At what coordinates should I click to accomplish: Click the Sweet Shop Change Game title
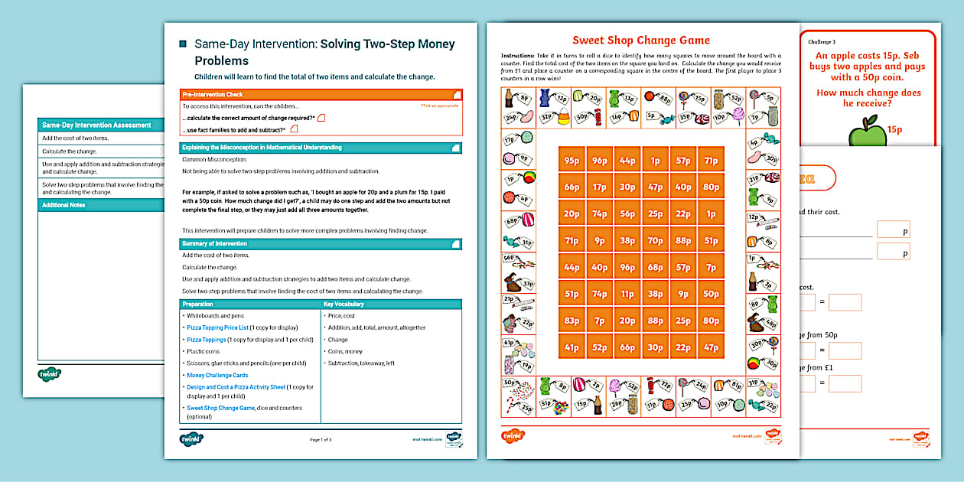tap(641, 41)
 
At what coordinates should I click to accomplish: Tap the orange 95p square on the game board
tap(572, 161)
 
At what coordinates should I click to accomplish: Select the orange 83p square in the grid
tap(572, 321)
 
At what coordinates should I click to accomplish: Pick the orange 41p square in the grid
tap(572, 347)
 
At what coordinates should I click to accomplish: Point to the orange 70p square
tap(655, 240)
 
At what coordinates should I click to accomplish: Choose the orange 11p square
tap(627, 294)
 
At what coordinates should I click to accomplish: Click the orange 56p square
tap(627, 214)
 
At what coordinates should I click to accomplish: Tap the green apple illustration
tap(868, 130)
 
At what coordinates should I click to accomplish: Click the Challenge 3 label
tap(822, 42)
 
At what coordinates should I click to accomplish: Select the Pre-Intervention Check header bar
tap(321, 94)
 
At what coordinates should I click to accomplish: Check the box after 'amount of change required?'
tap(321, 118)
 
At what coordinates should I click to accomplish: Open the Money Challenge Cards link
tap(217, 376)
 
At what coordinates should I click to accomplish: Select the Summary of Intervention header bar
tap(321, 244)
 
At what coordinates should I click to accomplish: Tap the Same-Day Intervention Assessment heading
tap(96, 125)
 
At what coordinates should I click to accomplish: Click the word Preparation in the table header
tap(197, 304)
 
